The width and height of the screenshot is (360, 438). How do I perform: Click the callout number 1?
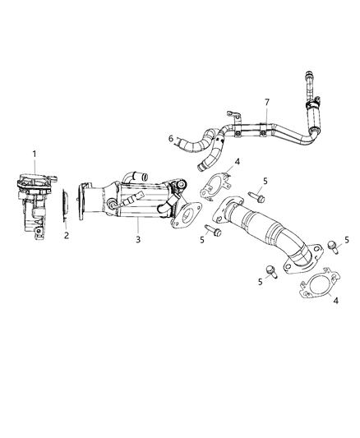(34, 154)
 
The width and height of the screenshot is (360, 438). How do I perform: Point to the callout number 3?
(139, 238)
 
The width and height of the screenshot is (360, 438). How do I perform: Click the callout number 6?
(170, 139)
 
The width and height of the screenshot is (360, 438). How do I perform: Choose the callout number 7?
(265, 102)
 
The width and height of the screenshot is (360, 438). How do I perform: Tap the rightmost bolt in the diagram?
(332, 246)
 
